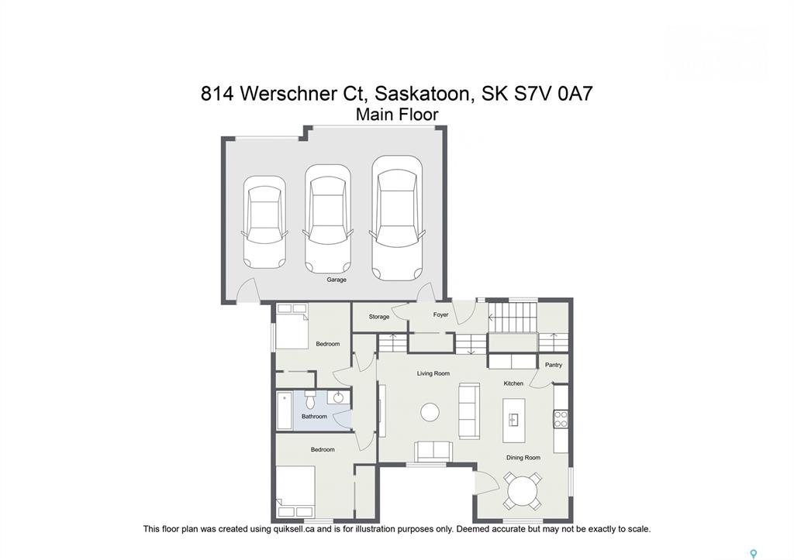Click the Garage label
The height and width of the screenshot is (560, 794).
point(337,280)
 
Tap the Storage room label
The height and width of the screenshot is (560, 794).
point(378,317)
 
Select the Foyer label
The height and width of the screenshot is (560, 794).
point(440,314)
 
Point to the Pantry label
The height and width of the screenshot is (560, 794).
point(554,365)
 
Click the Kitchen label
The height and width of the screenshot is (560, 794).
point(513,383)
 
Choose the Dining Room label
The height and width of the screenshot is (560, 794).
point(523,458)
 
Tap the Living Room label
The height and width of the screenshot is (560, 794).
point(433,374)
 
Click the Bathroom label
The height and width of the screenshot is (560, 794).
point(314,417)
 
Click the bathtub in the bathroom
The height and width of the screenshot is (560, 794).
point(284,411)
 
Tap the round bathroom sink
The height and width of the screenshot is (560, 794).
point(338,397)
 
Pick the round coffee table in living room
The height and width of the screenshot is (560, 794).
point(430,412)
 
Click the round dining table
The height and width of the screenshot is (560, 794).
point(523,491)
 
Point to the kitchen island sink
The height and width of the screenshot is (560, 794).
point(513,420)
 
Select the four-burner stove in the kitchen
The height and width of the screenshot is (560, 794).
point(561,419)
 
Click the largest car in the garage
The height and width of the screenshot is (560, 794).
point(397,218)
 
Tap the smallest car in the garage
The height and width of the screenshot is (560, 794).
point(264,222)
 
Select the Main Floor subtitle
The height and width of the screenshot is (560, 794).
point(397,115)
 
